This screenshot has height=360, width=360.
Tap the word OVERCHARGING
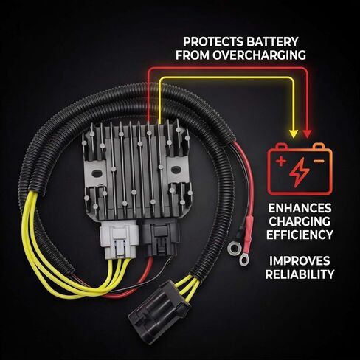click(259, 55)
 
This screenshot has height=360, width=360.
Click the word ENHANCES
click(300, 208)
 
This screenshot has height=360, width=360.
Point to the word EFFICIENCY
click(300, 235)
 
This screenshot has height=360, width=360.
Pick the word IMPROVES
click(300, 261)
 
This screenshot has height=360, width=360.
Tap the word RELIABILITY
click(300, 274)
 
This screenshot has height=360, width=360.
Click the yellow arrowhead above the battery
click(294, 134)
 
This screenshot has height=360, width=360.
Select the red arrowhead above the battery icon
click(307, 134)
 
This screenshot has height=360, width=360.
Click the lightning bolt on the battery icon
click(299, 172)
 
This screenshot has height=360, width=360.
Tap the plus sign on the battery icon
click(281, 162)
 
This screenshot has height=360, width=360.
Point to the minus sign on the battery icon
click(319, 161)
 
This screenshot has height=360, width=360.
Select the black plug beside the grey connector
click(159, 238)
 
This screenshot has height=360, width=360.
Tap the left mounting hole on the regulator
click(97, 173)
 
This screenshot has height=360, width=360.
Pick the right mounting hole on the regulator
click(176, 170)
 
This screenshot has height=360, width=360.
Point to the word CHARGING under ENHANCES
click(300, 221)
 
